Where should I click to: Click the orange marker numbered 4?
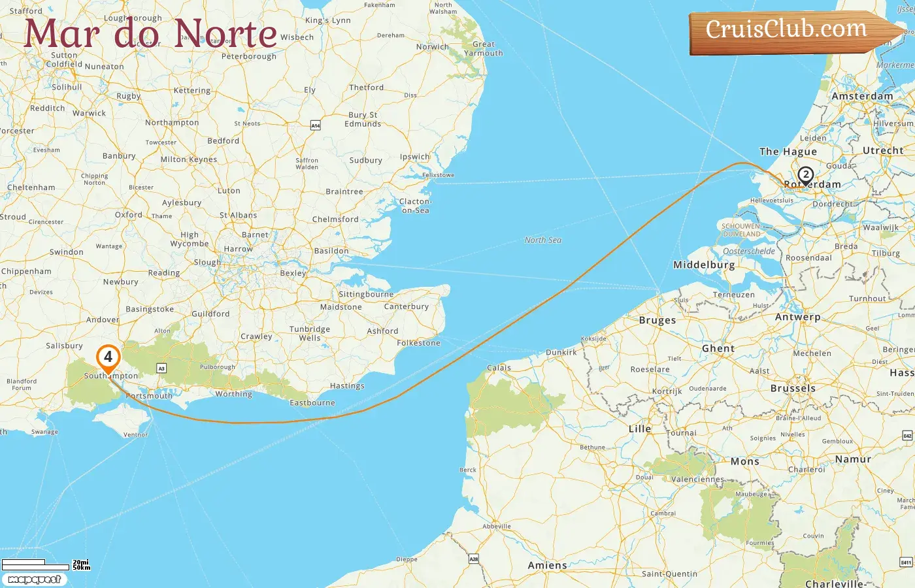click(x=108, y=357)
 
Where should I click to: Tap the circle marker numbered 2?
click(x=806, y=175)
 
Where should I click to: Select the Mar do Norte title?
click(x=150, y=33)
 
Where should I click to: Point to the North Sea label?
click(x=542, y=240)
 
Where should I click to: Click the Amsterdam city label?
click(x=862, y=96)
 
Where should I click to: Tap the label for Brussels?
click(x=793, y=388)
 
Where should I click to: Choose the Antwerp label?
click(x=797, y=317)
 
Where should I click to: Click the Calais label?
click(x=499, y=368)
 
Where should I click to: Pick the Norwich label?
click(x=433, y=47)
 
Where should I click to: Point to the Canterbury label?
click(x=407, y=306)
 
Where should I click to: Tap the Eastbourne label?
click(x=312, y=403)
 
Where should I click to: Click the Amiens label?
click(x=548, y=566)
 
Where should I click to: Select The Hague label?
click(x=788, y=152)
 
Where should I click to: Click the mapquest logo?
click(x=34, y=580)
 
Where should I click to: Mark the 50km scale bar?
click(x=36, y=567)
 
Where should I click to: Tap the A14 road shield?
click(x=316, y=125)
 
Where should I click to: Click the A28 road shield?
click(x=474, y=559)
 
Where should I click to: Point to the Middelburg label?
click(x=704, y=265)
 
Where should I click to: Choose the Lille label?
click(x=640, y=429)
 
